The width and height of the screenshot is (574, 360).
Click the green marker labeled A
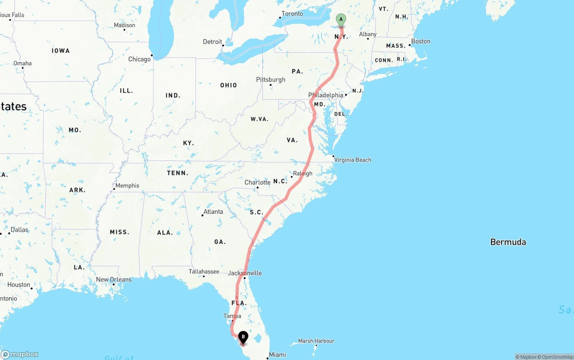[341, 20]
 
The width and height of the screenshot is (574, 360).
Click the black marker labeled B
[243, 337]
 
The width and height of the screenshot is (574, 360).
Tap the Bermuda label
[508, 242]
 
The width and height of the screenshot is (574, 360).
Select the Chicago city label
[139, 59]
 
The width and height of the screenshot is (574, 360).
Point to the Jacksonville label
[245, 273]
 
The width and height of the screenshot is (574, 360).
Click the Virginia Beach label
[353, 160]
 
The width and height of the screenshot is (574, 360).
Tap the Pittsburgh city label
[270, 80]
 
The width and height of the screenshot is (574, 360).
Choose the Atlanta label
[213, 212]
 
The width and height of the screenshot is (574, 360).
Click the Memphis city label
[127, 186]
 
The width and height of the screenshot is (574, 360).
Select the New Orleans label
[114, 279]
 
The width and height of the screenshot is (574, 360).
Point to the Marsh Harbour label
[316, 341]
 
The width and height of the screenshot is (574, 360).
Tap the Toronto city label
[292, 14]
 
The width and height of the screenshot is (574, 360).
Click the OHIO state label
[228, 85]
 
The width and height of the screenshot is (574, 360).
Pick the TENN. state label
[178, 173]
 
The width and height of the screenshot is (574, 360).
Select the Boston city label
[421, 41]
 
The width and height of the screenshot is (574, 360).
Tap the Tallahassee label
[204, 272]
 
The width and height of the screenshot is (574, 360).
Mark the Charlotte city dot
[257, 187]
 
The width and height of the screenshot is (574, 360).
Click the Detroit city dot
[222, 45]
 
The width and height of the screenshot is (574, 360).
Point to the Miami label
[277, 355]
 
